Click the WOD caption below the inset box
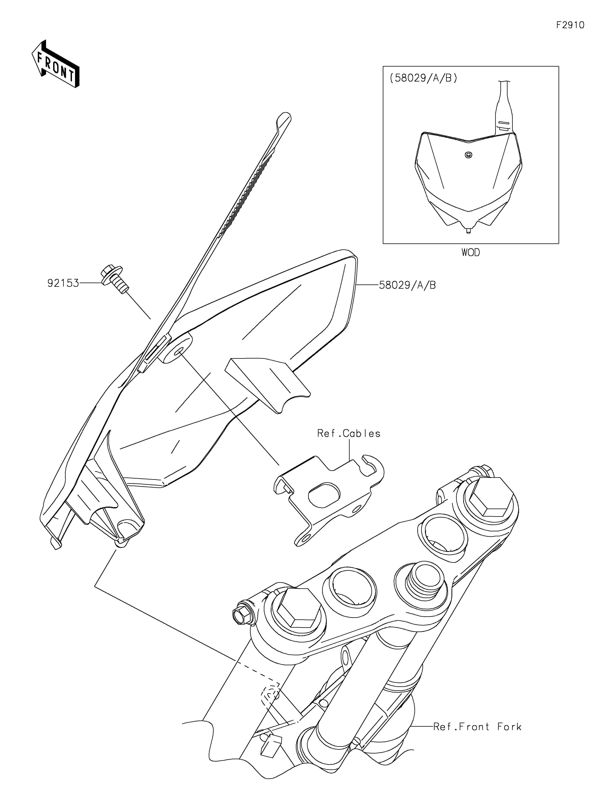pyautogui.click(x=471, y=252)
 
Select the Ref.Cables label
pyautogui.click(x=349, y=433)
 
